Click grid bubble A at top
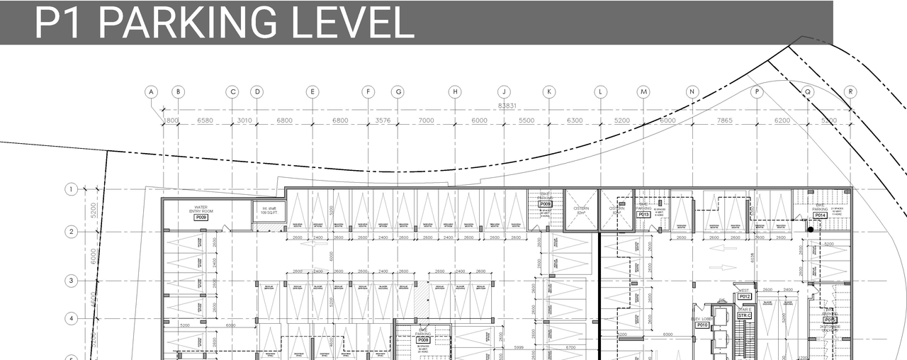pyautogui.click(x=151, y=91)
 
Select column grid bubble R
pyautogui.click(x=851, y=91)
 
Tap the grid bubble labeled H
pyautogui.click(x=455, y=91)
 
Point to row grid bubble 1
pyautogui.click(x=71, y=189)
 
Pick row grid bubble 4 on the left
pyautogui.click(x=71, y=318)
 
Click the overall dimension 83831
pyautogui.click(x=507, y=106)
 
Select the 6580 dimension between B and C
pyautogui.click(x=205, y=120)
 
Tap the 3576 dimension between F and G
pyautogui.click(x=383, y=120)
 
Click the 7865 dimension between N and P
pyautogui.click(x=724, y=120)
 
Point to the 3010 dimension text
pyautogui.click(x=244, y=120)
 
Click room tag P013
pyautogui.click(x=644, y=215)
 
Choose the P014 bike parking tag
pyautogui.click(x=820, y=215)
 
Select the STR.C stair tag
pyautogui.click(x=744, y=315)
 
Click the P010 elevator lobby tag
pyautogui.click(x=702, y=325)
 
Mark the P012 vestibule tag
pyautogui.click(x=744, y=297)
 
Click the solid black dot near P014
pyautogui.click(x=811, y=230)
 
